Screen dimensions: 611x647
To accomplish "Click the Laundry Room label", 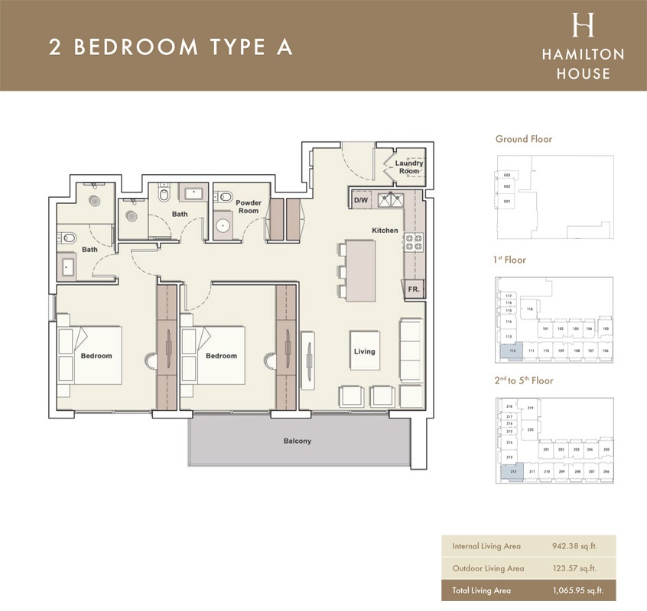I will (409, 166).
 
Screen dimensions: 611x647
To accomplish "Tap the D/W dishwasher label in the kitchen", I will (361, 201).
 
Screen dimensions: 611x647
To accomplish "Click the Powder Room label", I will (249, 206).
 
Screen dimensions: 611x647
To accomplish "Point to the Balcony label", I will (297, 441).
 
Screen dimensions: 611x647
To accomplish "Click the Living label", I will (365, 351).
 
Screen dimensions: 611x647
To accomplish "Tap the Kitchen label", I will (385, 230).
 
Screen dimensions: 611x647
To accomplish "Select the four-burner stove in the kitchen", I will (414, 244).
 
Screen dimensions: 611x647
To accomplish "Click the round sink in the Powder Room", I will (224, 225).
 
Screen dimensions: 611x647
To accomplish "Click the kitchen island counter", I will (360, 271).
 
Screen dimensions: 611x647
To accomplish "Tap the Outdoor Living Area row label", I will (488, 568).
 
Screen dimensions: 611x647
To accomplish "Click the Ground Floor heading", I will (524, 139).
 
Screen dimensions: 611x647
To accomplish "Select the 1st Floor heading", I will (510, 260).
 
